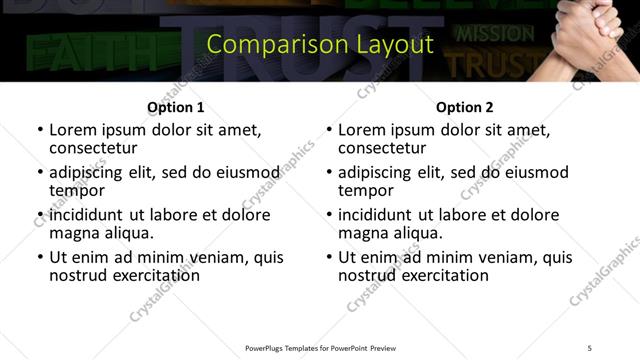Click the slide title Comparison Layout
[320, 44]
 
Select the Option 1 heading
[175, 107]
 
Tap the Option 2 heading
[464, 107]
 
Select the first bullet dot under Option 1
[40, 130]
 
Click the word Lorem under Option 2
[360, 129]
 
